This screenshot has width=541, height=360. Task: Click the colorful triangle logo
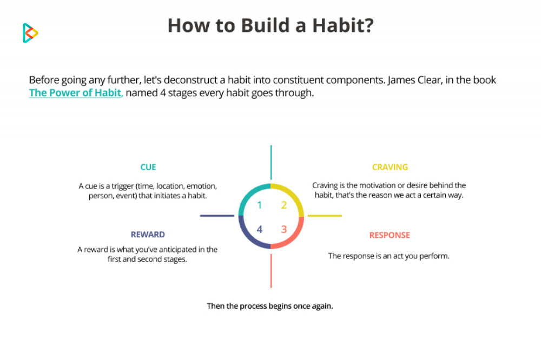tap(30, 33)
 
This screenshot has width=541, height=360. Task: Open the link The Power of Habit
tap(76, 93)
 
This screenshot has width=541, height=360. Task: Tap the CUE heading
tap(148, 167)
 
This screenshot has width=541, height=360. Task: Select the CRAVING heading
tap(390, 167)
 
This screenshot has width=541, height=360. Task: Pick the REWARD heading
tap(148, 235)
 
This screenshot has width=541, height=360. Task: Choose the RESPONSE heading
tap(390, 235)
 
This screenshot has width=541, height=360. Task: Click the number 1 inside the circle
tap(260, 205)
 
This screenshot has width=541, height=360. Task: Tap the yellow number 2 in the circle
tap(284, 205)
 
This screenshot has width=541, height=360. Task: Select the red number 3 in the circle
tap(284, 229)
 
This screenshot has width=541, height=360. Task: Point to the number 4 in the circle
tap(260, 229)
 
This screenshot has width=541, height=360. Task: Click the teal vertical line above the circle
tap(271, 162)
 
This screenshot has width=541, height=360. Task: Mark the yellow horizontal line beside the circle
tap(325, 216)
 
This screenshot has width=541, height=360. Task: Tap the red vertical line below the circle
tap(271, 271)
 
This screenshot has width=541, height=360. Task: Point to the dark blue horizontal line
tap(217, 216)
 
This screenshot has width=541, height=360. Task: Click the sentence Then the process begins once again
tap(270, 306)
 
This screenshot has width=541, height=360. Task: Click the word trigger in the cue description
tap(122, 186)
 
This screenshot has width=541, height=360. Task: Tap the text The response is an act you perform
tap(389, 256)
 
